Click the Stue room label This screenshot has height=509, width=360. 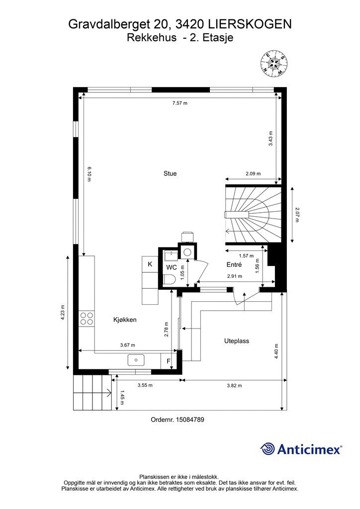click(170, 173)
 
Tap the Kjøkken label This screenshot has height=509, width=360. click(125, 320)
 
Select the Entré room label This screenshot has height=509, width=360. click(234, 264)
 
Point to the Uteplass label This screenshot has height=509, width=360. click(237, 341)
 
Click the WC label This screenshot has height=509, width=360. click(172, 267)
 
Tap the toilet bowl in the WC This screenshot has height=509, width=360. click(169, 279)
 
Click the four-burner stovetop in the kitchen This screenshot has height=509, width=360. click(87, 318)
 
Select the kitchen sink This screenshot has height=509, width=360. click(136, 360)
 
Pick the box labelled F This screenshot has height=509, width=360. click(169, 361)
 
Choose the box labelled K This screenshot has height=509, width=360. click(150, 264)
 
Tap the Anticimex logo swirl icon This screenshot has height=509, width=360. click(268, 449)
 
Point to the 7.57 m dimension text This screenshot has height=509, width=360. click(180, 103)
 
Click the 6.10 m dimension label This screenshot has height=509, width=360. click(90, 174)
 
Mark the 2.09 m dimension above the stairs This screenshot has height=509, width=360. click(253, 173)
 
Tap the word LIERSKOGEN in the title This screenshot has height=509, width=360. click(250, 24)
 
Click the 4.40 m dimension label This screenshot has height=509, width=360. click(276, 351)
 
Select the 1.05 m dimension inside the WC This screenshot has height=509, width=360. click(182, 272)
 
